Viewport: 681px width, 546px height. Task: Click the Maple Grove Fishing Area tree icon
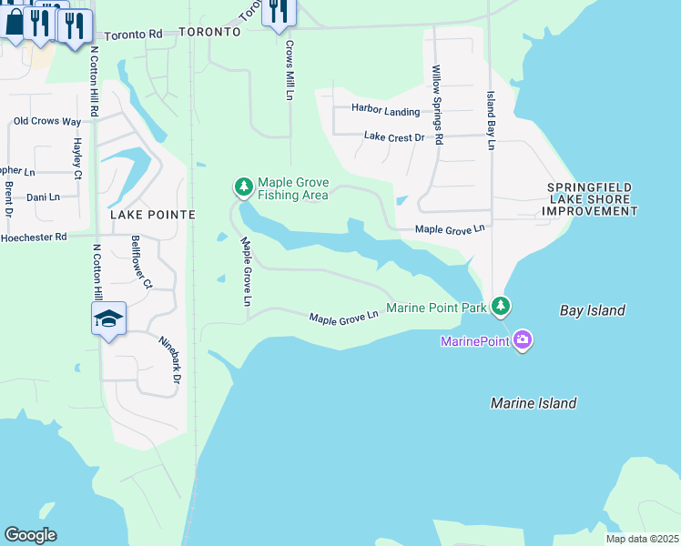(x=243, y=187)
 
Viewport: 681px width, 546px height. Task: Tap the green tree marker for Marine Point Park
(x=500, y=307)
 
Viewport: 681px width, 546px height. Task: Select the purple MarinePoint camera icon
(x=522, y=341)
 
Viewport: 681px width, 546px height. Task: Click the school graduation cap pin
(x=108, y=318)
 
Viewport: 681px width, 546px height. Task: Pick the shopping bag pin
(x=15, y=22)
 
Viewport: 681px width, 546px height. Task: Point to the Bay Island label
(x=592, y=311)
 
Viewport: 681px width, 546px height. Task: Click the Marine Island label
(x=533, y=403)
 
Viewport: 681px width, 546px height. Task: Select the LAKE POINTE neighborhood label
(x=153, y=215)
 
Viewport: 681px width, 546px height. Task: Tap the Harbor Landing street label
(x=387, y=112)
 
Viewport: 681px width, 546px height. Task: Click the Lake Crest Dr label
(x=394, y=137)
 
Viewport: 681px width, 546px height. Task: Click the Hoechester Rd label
(x=34, y=237)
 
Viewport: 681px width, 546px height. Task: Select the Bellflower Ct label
(x=141, y=262)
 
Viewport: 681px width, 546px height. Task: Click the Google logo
(x=30, y=534)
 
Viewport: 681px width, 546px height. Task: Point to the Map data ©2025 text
(x=641, y=539)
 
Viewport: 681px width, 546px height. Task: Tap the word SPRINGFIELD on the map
(x=589, y=187)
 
